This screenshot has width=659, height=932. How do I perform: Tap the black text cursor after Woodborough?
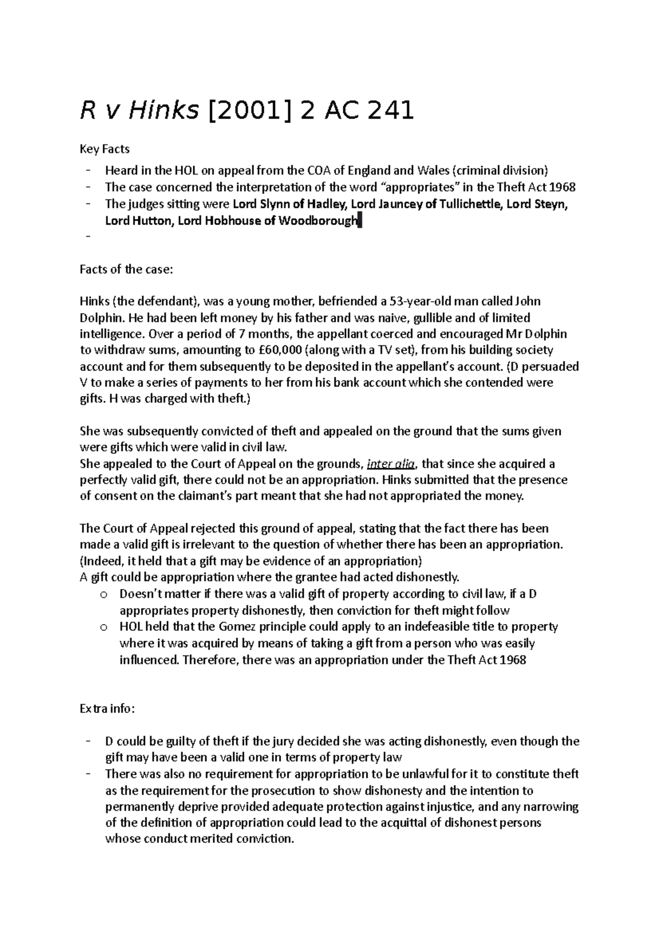360,222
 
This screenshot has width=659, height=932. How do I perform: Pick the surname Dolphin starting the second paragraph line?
97,318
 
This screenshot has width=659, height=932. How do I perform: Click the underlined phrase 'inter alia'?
392,464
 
